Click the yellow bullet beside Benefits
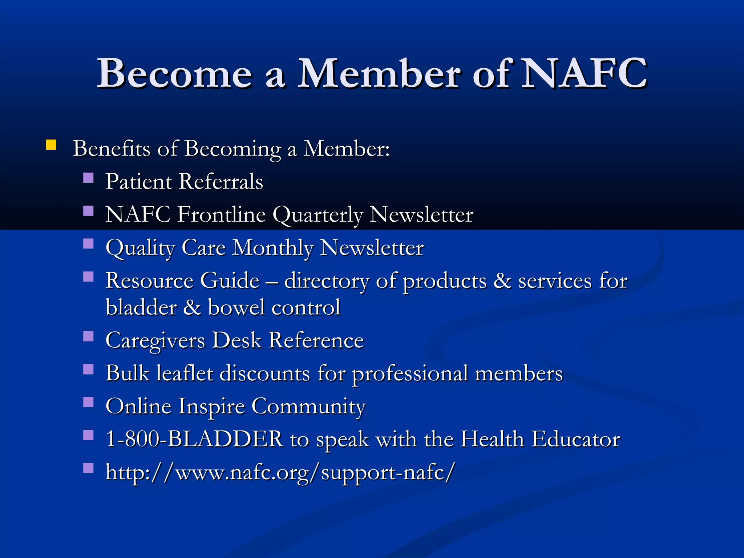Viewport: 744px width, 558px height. [x=51, y=145]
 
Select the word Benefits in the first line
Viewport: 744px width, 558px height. [x=112, y=149]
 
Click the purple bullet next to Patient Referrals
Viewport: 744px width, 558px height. [x=88, y=178]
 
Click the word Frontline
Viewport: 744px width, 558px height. [x=222, y=214]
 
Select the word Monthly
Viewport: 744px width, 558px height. [x=273, y=248]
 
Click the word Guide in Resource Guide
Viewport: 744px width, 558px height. [x=230, y=281]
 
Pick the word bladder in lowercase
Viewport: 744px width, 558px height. [x=141, y=307]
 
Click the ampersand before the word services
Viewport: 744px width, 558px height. [x=502, y=281]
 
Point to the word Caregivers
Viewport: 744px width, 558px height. [x=155, y=341]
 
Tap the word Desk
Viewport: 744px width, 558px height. [x=236, y=340]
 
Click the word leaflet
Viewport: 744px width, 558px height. [x=185, y=373]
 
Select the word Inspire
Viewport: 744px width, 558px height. [x=211, y=407]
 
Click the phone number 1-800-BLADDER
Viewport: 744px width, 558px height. [x=194, y=439]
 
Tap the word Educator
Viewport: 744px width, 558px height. [x=575, y=439]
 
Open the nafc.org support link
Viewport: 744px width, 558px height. [x=280, y=472]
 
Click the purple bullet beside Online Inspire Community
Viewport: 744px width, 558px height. [x=88, y=403]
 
